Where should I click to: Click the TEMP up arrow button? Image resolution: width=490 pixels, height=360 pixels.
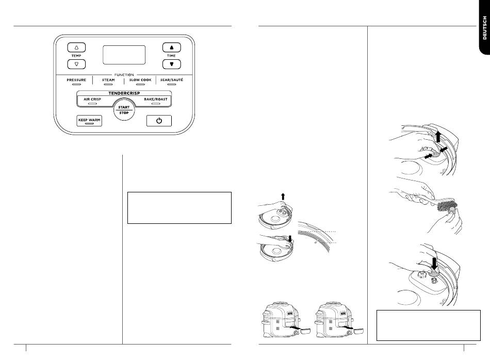click(76, 47)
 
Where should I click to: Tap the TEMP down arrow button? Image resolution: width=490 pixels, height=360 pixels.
click(76, 64)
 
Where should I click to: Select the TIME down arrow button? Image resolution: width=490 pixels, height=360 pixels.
click(172, 64)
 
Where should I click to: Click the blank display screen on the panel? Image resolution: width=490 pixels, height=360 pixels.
click(124, 55)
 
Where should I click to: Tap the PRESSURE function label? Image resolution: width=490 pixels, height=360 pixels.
click(76, 80)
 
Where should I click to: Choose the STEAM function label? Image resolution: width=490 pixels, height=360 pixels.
click(108, 80)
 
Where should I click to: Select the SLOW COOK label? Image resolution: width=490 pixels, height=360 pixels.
click(140, 80)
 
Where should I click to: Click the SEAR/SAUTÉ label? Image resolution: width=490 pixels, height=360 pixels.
click(172, 80)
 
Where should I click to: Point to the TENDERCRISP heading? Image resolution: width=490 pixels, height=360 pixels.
click(124, 93)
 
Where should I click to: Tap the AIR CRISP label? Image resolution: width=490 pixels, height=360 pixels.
click(92, 100)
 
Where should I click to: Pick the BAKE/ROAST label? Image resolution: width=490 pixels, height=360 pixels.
click(156, 100)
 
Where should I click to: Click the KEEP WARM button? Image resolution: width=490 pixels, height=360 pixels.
click(89, 121)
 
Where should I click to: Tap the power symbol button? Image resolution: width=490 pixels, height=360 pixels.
click(159, 121)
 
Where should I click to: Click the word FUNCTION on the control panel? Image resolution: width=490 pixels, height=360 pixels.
click(124, 75)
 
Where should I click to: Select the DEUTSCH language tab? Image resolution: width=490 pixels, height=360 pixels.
click(484, 28)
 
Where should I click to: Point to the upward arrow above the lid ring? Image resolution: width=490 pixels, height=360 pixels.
click(283, 197)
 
